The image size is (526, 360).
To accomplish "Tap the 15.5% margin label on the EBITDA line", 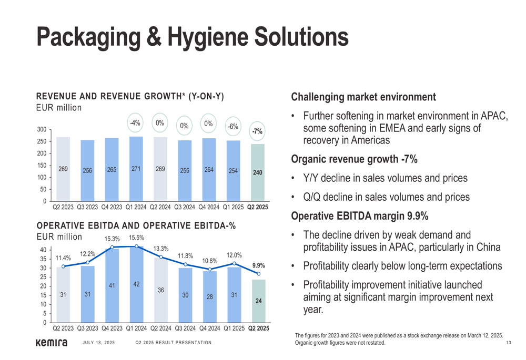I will pyautogui.click(x=136, y=238).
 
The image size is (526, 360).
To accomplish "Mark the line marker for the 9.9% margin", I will pyautogui.click(x=258, y=274).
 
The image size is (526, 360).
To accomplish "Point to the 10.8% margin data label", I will pyautogui.click(x=210, y=261).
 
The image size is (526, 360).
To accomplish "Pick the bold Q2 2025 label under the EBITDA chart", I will pyautogui.click(x=258, y=328).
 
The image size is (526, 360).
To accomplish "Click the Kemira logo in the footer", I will pyautogui.click(x=51, y=343).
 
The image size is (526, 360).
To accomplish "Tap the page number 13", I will pyautogui.click(x=508, y=343).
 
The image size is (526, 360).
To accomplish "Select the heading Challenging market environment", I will pyautogui.click(x=363, y=97).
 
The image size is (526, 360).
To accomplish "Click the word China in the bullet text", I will pyautogui.click(x=487, y=248).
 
